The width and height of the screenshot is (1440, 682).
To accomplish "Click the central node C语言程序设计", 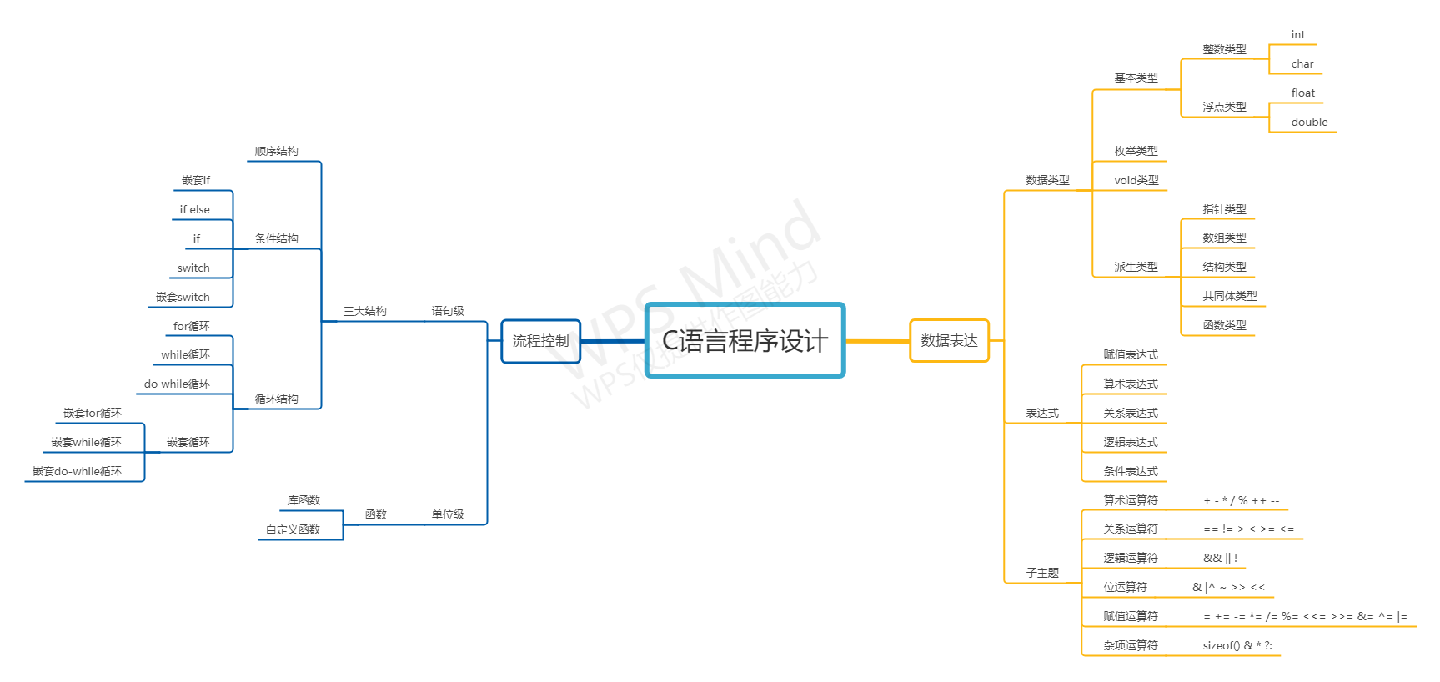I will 745,340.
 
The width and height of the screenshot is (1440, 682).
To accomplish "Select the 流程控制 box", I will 540,341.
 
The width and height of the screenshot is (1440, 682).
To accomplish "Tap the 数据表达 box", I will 949,340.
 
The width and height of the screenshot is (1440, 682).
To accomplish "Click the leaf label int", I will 1297,35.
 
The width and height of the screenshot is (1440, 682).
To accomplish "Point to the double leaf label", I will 1309,122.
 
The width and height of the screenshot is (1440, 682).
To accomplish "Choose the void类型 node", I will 1136,180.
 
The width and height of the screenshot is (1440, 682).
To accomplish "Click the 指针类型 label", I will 1224,209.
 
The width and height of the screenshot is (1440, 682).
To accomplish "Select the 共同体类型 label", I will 1229,296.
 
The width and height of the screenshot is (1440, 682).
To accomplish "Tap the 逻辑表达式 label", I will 1130,442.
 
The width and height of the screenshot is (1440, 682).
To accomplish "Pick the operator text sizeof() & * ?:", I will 1237,645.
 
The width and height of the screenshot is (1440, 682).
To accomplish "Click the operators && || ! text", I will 1220,558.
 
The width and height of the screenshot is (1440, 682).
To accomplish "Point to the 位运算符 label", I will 1125,587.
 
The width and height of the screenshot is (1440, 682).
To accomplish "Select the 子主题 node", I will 1041,573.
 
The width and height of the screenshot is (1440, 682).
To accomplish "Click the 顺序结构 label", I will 276,151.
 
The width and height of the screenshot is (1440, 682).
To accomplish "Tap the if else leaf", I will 194,209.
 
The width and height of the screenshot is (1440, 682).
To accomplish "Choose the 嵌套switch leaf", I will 183,297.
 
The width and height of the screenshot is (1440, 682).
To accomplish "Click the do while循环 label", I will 177,384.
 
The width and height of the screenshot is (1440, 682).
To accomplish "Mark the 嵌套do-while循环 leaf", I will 77,471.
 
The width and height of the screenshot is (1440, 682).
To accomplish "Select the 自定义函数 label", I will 293,529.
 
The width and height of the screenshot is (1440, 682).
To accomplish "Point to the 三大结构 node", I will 364,311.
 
